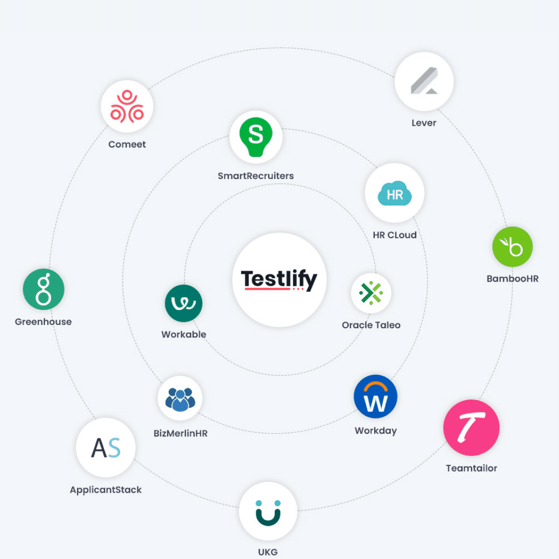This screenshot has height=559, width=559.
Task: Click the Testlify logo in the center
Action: click(x=279, y=280)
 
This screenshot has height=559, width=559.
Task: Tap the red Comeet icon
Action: click(x=127, y=106)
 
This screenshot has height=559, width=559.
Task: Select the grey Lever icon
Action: click(x=424, y=81)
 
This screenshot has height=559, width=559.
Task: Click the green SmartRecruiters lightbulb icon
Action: click(x=256, y=137)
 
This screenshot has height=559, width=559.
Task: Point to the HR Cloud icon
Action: click(x=394, y=193)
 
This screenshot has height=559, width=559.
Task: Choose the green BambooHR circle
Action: click(x=512, y=247)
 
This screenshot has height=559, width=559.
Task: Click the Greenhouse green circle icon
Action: click(x=43, y=289)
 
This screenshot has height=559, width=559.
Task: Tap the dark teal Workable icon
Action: click(x=184, y=303)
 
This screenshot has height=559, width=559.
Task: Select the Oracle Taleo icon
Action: click(x=371, y=293)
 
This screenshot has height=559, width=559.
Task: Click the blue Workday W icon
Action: click(x=375, y=396)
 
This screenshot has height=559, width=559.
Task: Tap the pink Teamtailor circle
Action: click(x=472, y=428)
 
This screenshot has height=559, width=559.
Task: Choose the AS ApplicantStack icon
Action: click(x=106, y=447)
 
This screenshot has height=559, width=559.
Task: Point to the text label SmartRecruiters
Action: click(x=256, y=176)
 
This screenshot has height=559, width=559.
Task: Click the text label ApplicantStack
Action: click(x=106, y=490)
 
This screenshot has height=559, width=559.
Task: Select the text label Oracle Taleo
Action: click(x=371, y=325)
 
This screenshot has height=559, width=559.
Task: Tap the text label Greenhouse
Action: click(x=43, y=321)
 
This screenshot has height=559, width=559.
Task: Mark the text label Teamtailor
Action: click(x=472, y=468)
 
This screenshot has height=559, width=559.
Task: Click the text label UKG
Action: click(x=268, y=552)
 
